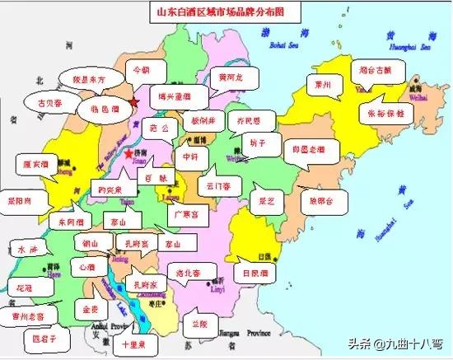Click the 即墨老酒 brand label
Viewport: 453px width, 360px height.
click(x=305, y=152)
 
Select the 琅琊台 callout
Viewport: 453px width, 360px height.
click(x=322, y=199)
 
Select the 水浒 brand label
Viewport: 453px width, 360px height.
click(x=21, y=248)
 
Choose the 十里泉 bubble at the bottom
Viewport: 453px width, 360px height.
click(x=133, y=344)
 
